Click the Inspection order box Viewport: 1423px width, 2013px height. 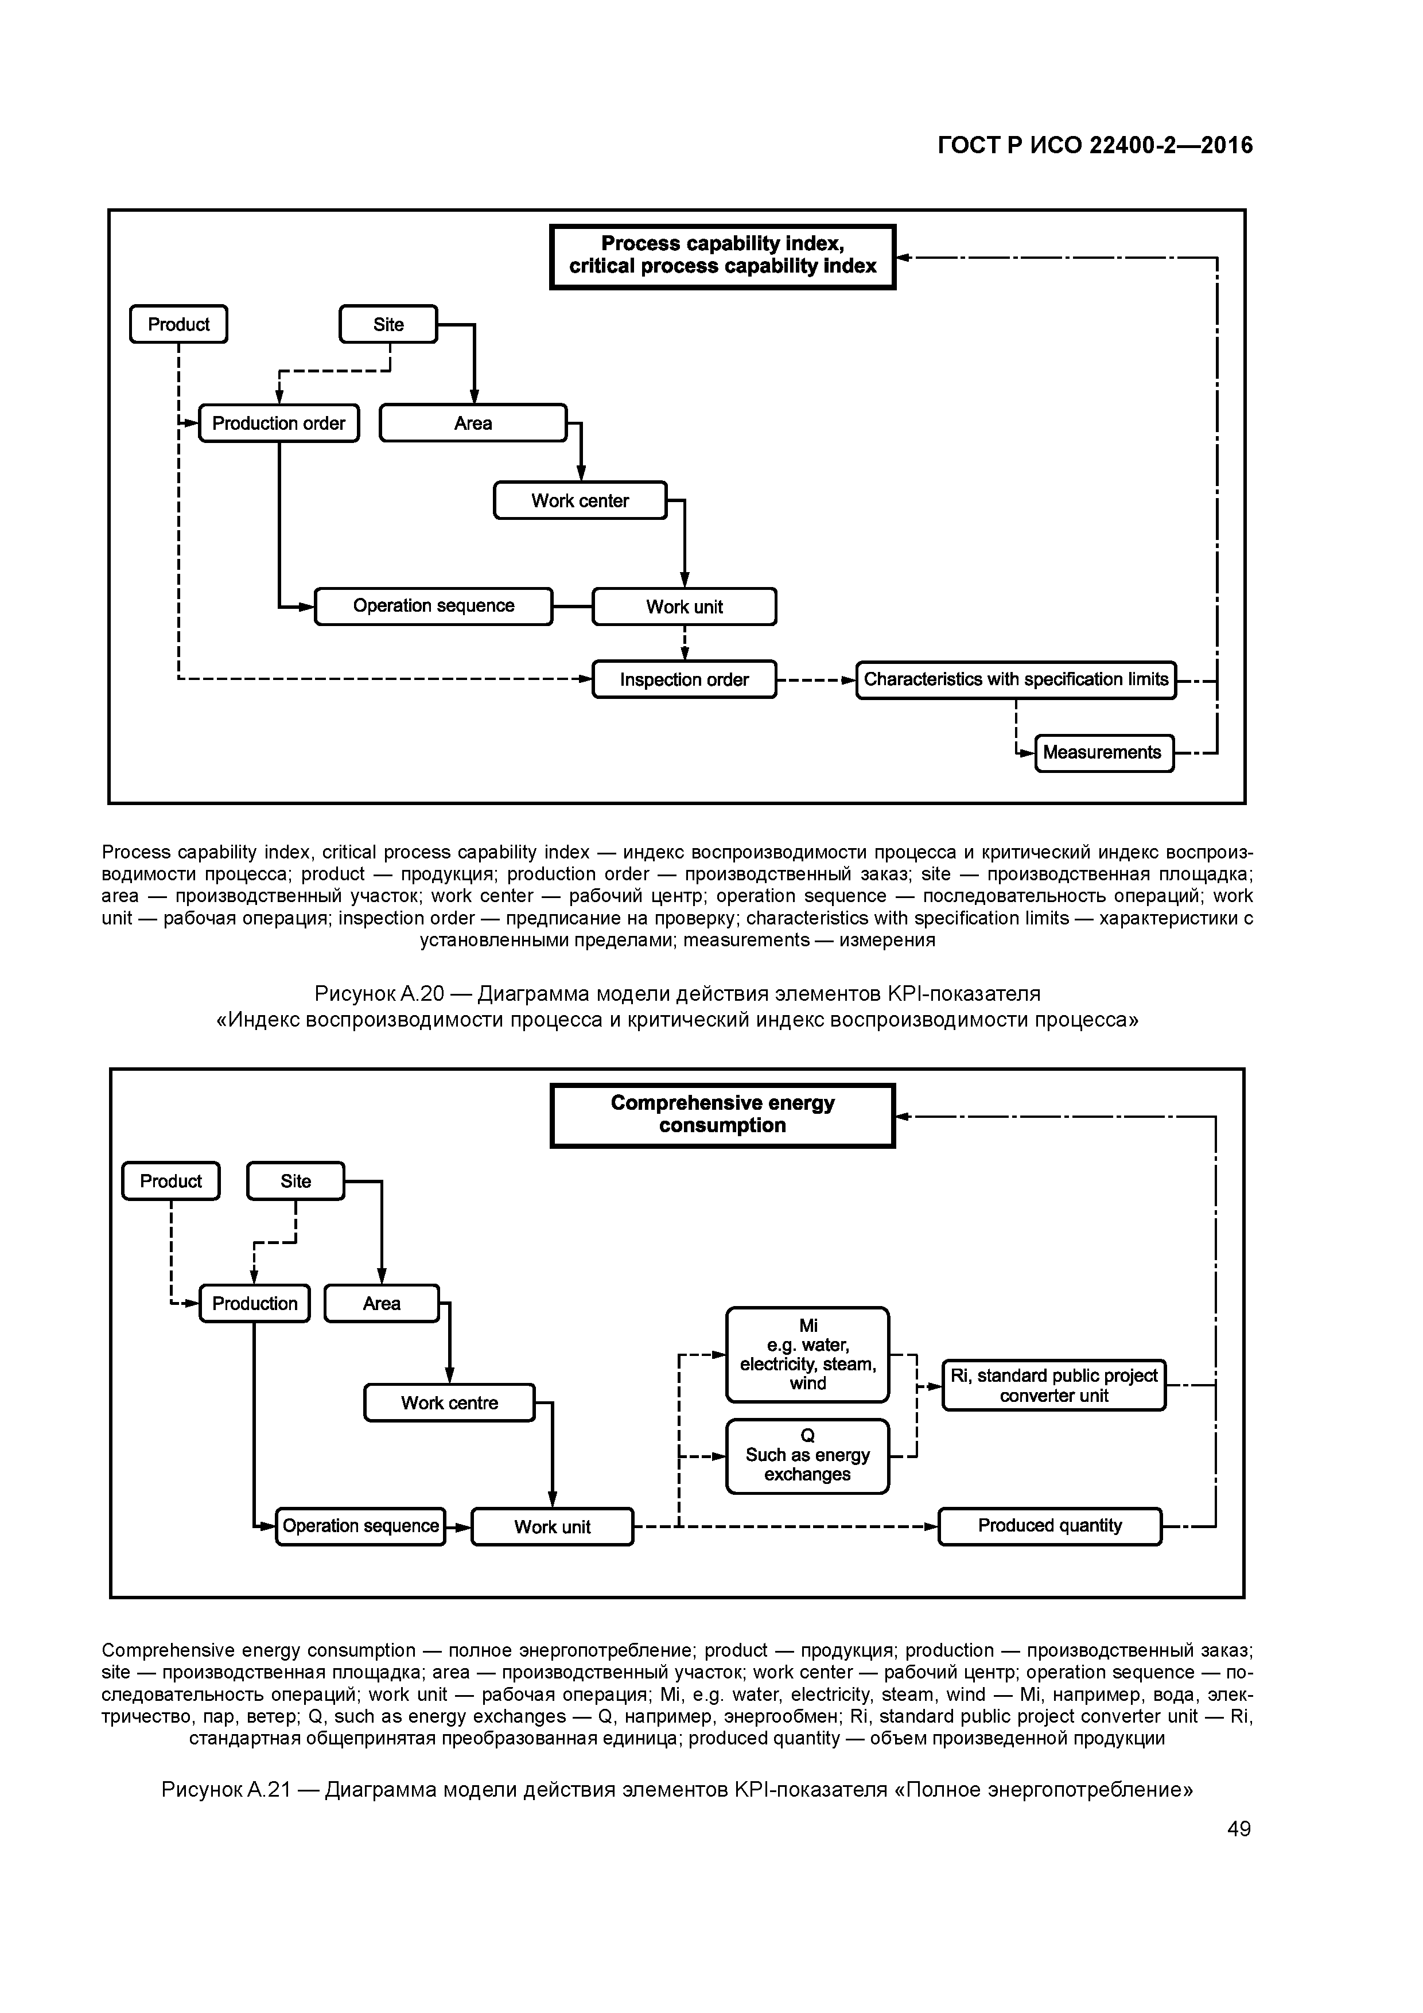684,679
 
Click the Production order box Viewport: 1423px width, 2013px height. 279,423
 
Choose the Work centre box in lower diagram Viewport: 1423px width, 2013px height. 449,1403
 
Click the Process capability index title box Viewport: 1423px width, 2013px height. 722,256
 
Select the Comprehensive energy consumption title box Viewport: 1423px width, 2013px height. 722,1114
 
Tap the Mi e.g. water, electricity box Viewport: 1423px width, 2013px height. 807,1355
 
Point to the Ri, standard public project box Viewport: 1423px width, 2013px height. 1054,1385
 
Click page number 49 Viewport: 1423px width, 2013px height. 1239,1829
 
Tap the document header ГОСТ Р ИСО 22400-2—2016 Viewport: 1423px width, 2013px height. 1095,146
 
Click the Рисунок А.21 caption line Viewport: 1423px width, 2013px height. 677,1789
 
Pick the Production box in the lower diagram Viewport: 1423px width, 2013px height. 254,1304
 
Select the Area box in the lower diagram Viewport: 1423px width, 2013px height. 382,1304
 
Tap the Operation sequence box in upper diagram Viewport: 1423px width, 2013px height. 433,606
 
